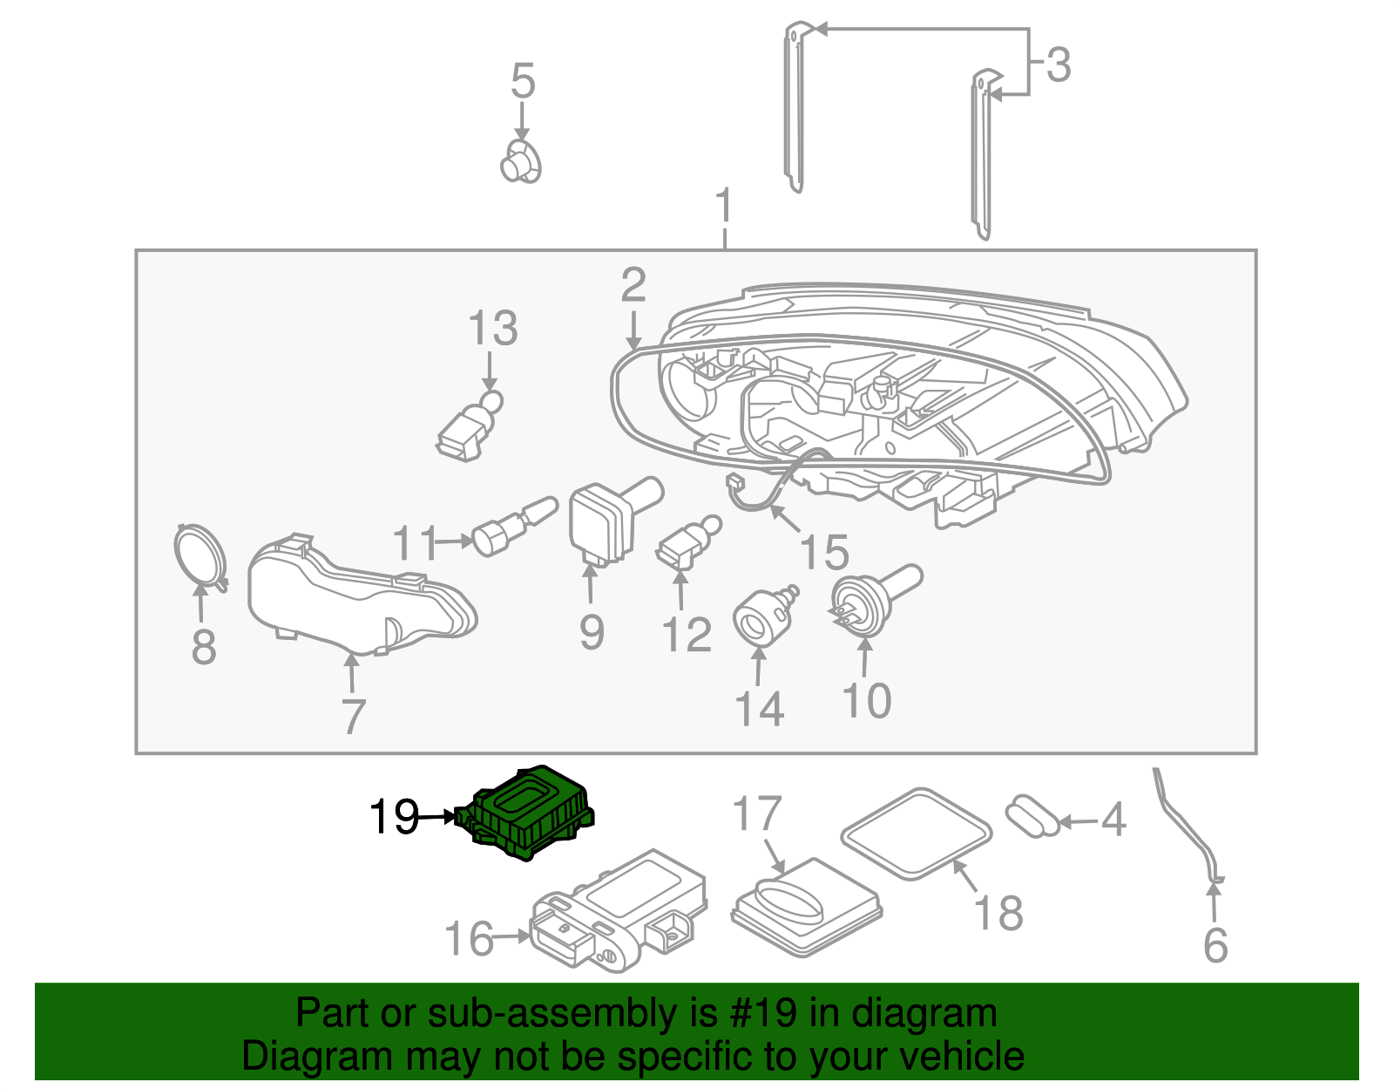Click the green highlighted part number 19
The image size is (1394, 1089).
(x=530, y=813)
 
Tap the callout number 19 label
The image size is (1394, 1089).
(x=394, y=817)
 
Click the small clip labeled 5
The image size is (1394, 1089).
(x=521, y=162)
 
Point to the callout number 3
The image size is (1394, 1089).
(x=1058, y=65)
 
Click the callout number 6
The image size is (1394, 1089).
(x=1215, y=946)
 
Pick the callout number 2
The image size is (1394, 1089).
(x=633, y=286)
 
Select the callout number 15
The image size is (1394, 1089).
(x=824, y=553)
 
